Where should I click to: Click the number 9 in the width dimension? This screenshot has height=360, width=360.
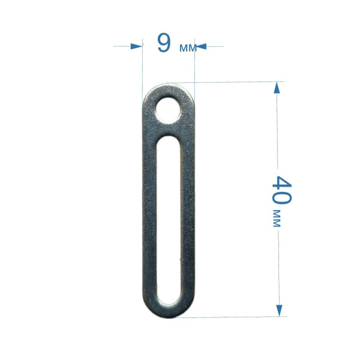[x=164, y=43]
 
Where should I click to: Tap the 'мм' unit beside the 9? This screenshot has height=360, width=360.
[x=188, y=48]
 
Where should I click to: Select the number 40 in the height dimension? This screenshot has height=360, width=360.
[x=282, y=190]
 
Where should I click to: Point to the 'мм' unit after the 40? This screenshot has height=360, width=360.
[x=277, y=218]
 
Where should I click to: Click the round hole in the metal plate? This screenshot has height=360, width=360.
[x=168, y=110]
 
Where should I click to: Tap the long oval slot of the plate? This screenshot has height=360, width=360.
[x=169, y=220]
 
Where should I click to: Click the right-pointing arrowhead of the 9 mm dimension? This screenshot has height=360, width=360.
[x=136, y=46]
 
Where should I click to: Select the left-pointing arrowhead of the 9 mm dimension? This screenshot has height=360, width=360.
[x=201, y=47]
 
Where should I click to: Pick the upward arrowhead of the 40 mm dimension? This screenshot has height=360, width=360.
[x=277, y=88]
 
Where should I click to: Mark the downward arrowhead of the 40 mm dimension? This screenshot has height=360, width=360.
[x=279, y=311]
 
